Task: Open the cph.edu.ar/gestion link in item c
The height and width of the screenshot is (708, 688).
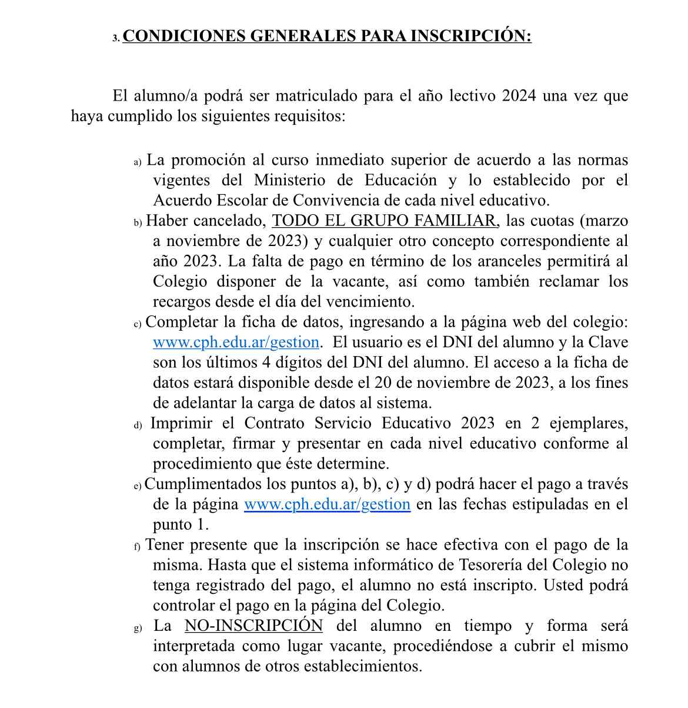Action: (x=236, y=343)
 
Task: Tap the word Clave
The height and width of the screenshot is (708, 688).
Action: (x=607, y=343)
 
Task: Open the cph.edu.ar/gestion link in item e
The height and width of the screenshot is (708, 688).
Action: (x=327, y=504)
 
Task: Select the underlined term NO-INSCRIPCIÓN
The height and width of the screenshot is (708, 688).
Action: (x=253, y=626)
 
